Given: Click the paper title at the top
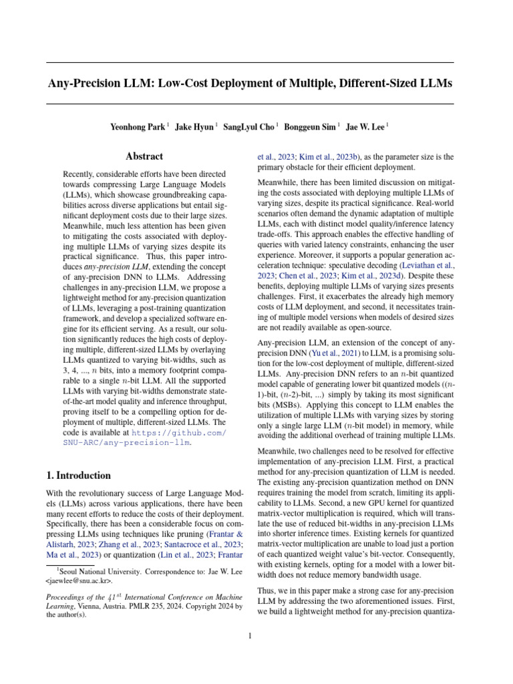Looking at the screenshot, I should pos(249,83).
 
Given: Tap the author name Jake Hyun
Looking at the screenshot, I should pos(193,126).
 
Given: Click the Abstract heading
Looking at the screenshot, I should pos(144,156).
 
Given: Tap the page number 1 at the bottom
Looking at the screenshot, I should pos(250,635).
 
